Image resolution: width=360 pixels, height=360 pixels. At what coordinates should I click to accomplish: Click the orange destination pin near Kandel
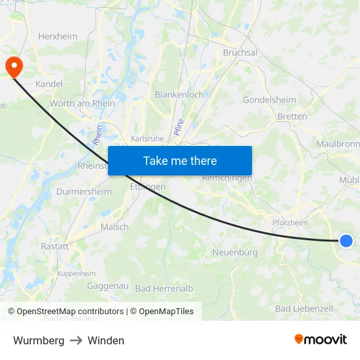coord(13,67)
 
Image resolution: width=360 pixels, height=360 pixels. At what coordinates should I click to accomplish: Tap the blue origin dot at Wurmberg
coord(346,241)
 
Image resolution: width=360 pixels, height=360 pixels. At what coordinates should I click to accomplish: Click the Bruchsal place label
coord(240,52)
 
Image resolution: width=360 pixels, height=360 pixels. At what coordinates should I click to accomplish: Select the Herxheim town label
coord(59,37)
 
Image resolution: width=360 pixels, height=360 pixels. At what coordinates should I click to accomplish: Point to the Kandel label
coord(48,84)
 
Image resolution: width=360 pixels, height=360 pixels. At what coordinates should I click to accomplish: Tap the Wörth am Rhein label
coord(82,103)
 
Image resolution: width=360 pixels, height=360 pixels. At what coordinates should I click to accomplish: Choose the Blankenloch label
coord(179,95)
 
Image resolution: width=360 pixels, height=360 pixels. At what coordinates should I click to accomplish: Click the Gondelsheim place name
coord(269,100)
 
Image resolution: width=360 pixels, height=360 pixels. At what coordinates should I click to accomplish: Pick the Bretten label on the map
coord(292,117)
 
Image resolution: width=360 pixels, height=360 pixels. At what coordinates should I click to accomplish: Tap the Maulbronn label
coord(338,143)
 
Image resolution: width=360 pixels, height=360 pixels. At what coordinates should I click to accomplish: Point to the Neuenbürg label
coord(235,252)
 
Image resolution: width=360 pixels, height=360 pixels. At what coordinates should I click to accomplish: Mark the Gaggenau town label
coord(107,286)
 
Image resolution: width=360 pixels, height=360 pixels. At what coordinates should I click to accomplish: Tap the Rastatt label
coord(54,246)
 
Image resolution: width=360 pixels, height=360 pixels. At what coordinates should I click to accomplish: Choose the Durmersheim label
coord(79,192)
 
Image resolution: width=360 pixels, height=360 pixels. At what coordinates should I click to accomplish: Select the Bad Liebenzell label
coord(304,308)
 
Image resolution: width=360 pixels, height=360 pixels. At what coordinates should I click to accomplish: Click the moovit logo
coord(320,339)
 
